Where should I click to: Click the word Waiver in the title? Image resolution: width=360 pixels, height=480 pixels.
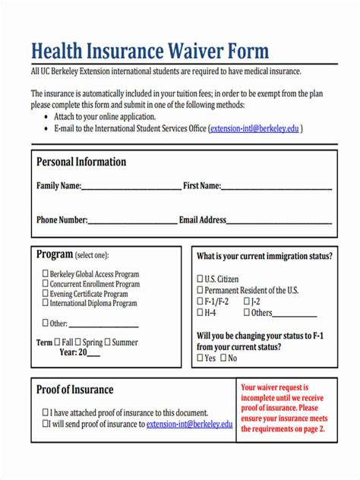click(193, 51)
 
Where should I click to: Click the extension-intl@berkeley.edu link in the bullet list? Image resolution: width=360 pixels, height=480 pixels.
click(254, 129)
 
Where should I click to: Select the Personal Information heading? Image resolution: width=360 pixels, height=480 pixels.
click(81, 162)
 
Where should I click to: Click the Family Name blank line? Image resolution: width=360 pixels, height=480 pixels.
click(131, 186)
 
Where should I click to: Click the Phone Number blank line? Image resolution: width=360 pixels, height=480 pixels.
click(132, 221)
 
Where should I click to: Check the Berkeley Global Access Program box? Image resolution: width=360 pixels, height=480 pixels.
click(45, 273)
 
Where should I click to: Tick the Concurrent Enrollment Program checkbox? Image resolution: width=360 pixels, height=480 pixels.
click(45, 283)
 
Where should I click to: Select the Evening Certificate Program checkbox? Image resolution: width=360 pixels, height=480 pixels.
click(45, 293)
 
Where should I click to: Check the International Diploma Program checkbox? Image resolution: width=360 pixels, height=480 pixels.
click(45, 303)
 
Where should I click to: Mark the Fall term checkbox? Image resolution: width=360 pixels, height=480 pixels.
click(58, 342)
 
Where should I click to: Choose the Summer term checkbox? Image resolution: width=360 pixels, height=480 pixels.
click(107, 342)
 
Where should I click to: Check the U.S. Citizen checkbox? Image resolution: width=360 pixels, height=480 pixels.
click(201, 279)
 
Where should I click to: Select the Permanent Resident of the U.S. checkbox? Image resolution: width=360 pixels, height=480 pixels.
click(201, 290)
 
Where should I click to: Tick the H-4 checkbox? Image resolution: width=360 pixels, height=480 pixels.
click(201, 312)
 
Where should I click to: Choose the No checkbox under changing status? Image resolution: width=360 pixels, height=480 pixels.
click(223, 358)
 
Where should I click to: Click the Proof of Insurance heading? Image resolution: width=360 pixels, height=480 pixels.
click(74, 390)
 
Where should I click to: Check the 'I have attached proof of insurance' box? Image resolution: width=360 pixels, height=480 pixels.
click(45, 412)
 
